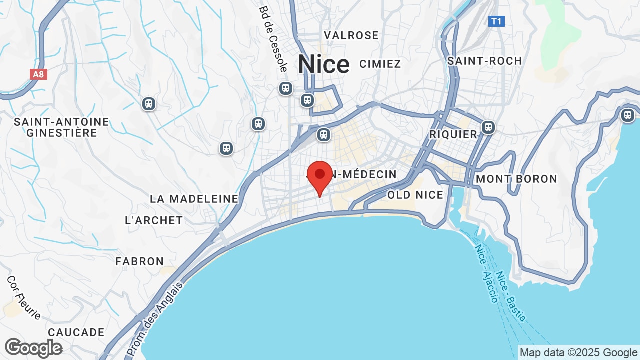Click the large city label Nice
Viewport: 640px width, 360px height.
pyautogui.click(x=323, y=64)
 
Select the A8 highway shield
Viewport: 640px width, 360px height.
pyautogui.click(x=38, y=74)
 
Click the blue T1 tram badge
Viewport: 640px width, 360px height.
pyautogui.click(x=496, y=21)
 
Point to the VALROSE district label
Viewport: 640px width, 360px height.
pyautogui.click(x=351, y=35)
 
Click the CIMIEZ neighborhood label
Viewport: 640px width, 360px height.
pyautogui.click(x=380, y=64)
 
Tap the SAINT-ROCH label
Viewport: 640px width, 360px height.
pyautogui.click(x=484, y=61)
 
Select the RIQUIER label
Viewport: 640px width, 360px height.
pyautogui.click(x=453, y=134)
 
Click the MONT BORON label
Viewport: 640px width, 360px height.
pyautogui.click(x=516, y=179)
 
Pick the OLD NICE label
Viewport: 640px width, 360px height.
pyautogui.click(x=415, y=195)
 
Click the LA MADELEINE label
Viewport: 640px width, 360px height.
pyautogui.click(x=194, y=199)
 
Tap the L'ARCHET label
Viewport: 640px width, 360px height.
pyautogui.click(x=154, y=220)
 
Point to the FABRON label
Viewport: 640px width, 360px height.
pyautogui.click(x=140, y=261)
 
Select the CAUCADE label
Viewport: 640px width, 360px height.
pyautogui.click(x=76, y=332)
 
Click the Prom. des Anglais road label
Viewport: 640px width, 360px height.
pyautogui.click(x=155, y=319)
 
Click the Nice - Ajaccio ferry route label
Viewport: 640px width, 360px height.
pyautogui.click(x=486, y=274)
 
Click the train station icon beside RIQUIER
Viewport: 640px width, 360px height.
pyautogui.click(x=488, y=127)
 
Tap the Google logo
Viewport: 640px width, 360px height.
pyautogui.click(x=33, y=348)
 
